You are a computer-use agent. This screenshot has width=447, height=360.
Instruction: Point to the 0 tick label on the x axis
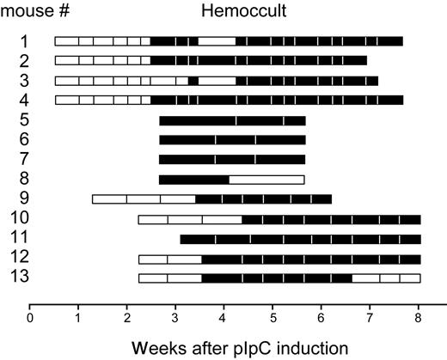(30, 317)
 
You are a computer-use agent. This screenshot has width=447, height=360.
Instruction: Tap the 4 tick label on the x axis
(224, 317)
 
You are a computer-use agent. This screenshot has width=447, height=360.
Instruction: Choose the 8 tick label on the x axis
(418, 317)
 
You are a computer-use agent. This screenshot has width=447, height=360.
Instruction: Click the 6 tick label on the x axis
(321, 317)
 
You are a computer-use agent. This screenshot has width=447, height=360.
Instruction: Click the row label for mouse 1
(25, 40)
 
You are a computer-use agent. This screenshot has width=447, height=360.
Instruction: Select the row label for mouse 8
(25, 179)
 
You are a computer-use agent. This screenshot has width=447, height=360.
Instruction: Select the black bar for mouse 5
(232, 120)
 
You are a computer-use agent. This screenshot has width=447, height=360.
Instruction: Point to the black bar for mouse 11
(300, 239)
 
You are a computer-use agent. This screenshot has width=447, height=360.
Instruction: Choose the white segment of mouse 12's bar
(169, 259)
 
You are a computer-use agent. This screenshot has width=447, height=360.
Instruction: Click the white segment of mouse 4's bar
(102, 101)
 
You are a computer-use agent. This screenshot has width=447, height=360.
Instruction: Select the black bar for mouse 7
(232, 160)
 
